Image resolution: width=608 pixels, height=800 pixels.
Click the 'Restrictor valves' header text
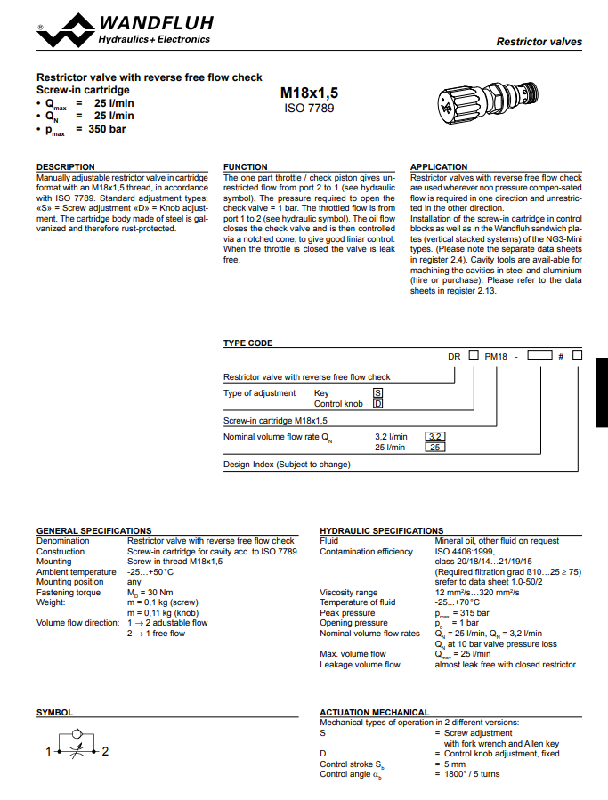[539, 42]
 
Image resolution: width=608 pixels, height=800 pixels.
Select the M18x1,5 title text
[309, 92]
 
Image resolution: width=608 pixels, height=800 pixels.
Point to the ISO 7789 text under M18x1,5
[309, 108]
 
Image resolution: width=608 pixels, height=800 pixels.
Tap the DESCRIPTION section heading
[65, 166]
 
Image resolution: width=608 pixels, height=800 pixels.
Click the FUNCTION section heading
[245, 166]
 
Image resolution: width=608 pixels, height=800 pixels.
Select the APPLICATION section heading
[438, 166]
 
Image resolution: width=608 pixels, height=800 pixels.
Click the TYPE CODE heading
[247, 343]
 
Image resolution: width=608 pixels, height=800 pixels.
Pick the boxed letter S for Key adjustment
[377, 392]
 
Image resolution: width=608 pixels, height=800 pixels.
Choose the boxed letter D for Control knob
[377, 403]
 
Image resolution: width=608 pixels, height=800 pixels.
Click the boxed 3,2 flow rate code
[435, 436]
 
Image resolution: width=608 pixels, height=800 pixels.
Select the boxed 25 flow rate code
[435, 447]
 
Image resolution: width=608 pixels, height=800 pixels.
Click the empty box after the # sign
[577, 355]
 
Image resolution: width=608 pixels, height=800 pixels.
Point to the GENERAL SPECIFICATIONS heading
[93, 530]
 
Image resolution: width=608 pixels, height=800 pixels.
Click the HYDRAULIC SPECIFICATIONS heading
[381, 530]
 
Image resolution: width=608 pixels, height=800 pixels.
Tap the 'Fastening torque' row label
[69, 592]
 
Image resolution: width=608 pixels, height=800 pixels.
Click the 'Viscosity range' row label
[348, 592]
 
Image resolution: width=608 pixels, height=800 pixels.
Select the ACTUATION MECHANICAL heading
[374, 712]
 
